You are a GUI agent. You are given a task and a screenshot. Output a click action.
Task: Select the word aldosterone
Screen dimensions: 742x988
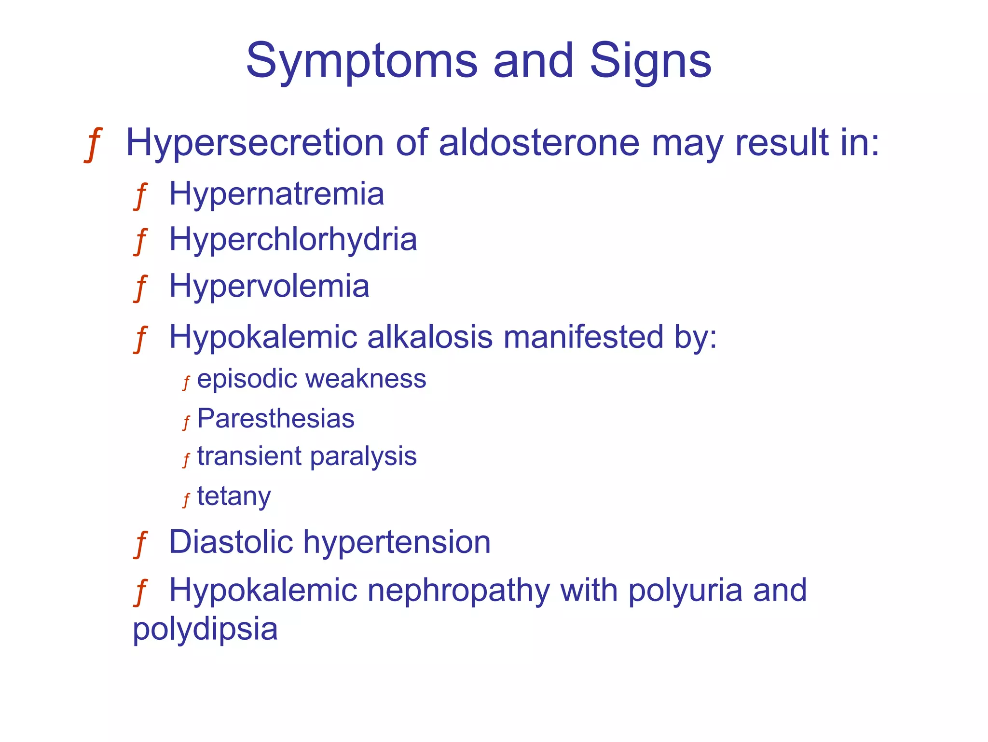[x=539, y=143]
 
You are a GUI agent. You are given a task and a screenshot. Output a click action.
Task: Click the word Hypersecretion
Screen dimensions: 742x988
[x=254, y=143]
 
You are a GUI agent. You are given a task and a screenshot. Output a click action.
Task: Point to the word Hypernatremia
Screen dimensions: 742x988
[x=276, y=194]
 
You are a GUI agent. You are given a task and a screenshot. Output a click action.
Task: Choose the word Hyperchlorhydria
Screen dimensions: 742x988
[x=293, y=240]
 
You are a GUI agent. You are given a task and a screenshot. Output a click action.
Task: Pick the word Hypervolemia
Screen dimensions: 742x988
[x=269, y=286]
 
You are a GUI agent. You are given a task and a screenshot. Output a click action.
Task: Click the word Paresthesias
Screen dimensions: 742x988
[x=275, y=418]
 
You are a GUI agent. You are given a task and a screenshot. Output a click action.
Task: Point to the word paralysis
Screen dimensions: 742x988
[x=363, y=456]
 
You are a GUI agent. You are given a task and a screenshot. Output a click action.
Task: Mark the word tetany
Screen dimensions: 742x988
[x=234, y=496]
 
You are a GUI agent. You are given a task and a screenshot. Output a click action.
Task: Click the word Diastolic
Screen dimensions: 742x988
[x=231, y=542]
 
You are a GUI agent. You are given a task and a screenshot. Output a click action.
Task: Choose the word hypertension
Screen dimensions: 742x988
[x=397, y=543]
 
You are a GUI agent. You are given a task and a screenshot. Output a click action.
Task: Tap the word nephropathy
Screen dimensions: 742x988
[x=458, y=591]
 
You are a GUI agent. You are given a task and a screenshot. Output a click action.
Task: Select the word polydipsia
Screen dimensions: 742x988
[x=205, y=629]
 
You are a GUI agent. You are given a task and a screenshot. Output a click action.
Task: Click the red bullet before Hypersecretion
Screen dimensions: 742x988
[x=93, y=144]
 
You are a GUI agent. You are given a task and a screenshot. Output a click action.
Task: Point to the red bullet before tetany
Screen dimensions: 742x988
[x=186, y=500]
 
